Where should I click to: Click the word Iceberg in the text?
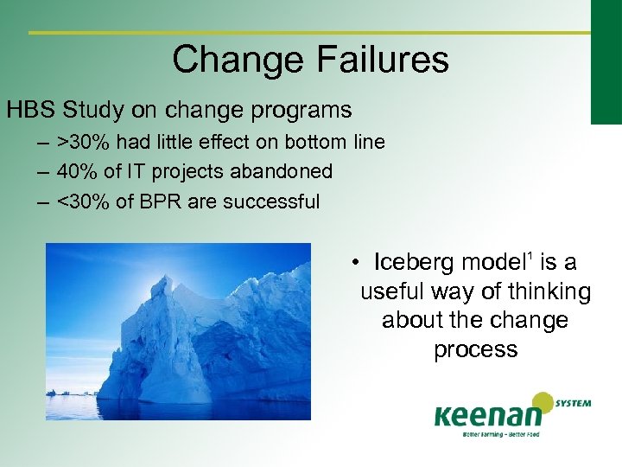pyautogui.click(x=415, y=262)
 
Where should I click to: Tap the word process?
pyautogui.click(x=475, y=349)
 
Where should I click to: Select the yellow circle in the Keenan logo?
pyautogui.click(x=543, y=403)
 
